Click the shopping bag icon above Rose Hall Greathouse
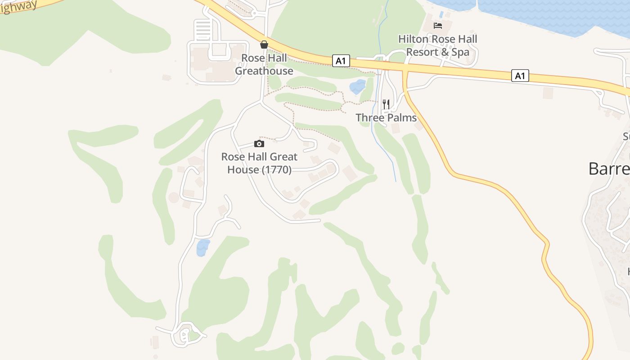pos(264,45)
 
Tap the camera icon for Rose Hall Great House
pos(259,144)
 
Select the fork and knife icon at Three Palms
pos(386,104)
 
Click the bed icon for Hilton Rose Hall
pos(438,26)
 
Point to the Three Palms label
pos(386,118)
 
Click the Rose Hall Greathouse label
pos(264,64)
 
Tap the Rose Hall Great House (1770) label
pos(259,163)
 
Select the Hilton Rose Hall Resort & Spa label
pos(438,45)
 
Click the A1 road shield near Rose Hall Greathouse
pos(341,61)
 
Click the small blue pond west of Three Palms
pos(358,86)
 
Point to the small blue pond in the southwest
pos(203,247)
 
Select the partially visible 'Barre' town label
pos(609,169)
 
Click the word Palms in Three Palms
pos(401,118)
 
